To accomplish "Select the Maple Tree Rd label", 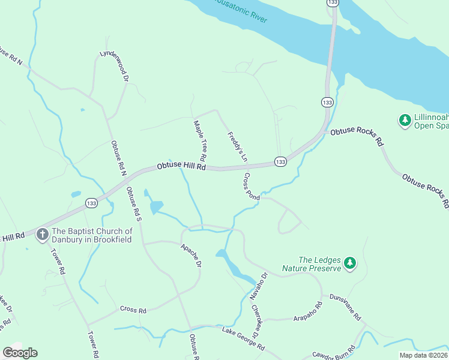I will (x=200, y=140).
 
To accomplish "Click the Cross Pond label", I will (x=252, y=187).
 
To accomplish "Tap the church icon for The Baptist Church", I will (x=43, y=234).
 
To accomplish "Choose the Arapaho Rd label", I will (x=308, y=313).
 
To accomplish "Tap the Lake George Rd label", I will (x=243, y=340).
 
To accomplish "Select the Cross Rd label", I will (x=133, y=310).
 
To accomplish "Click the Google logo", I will (x=20, y=353).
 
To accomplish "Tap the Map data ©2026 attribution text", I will (x=423, y=355).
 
